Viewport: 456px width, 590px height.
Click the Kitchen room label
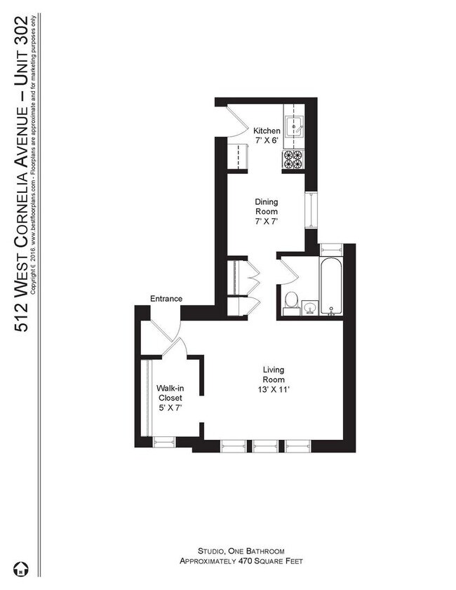(267, 130)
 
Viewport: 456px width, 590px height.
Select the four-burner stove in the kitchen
(292, 159)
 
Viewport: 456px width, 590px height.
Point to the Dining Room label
(267, 206)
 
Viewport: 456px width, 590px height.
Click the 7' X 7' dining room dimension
(267, 222)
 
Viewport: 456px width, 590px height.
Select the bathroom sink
(309, 306)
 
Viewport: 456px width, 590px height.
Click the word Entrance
(166, 299)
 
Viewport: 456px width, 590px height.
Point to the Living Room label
(274, 375)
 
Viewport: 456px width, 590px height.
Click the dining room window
(310, 208)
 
